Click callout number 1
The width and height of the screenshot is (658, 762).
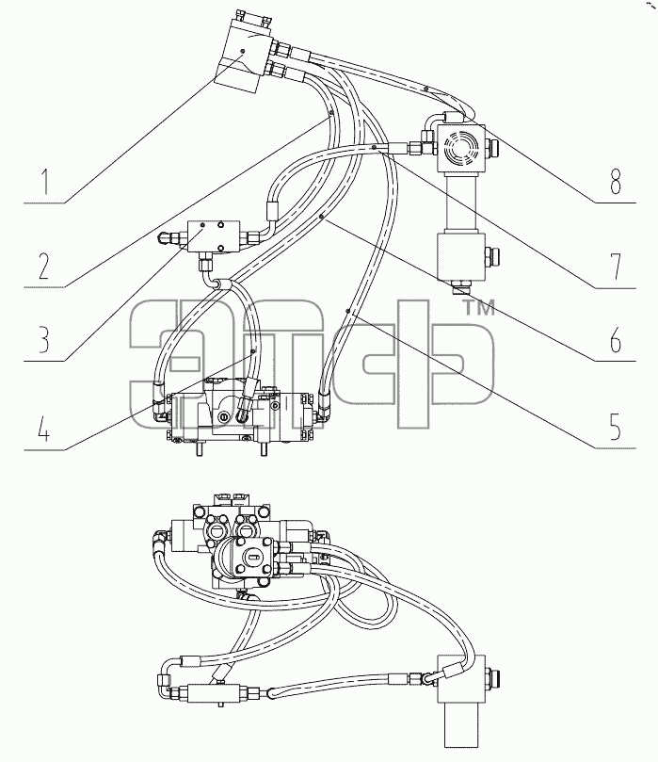coord(45,182)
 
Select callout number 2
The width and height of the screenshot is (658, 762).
coord(44,267)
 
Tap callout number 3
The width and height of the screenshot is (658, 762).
coord(44,339)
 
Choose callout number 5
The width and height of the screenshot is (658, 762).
coord(616,427)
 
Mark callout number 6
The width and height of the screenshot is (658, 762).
coord(616,339)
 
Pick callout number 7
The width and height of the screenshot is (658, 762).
coord(617,267)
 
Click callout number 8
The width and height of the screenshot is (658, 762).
coord(616,182)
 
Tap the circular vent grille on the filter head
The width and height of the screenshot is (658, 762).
coord(458,146)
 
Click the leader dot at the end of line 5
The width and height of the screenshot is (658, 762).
coord(347,310)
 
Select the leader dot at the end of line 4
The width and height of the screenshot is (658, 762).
coord(252,351)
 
